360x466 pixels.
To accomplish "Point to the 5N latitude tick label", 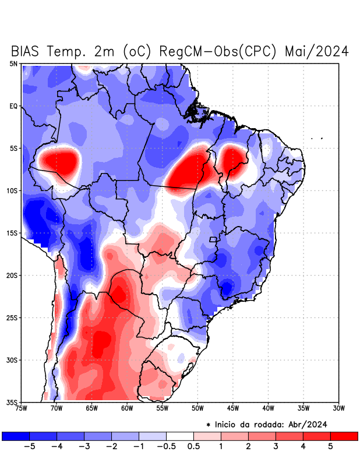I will point(13,63).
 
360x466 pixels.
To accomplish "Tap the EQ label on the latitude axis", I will point(13,106).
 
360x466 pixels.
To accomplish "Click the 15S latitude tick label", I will point(12,233).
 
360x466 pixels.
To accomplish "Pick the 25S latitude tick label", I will point(12,317).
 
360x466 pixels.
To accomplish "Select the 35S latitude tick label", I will point(12,402).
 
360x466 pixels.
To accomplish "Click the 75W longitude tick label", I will point(21,408).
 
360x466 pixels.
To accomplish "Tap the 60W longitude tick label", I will point(127,408).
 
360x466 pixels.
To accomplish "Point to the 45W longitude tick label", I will point(233,408).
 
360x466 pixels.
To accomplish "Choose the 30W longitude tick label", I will point(339,408).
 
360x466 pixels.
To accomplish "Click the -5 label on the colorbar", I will point(29,446).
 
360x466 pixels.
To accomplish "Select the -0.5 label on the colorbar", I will point(166,446).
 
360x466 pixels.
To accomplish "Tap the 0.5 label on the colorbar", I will point(193,446).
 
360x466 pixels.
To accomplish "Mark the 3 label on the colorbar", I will point(276,446).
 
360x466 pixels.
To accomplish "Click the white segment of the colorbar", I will point(180,436).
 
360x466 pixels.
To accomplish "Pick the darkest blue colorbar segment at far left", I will point(16,436).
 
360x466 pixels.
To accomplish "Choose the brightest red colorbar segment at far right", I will point(344,436).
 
